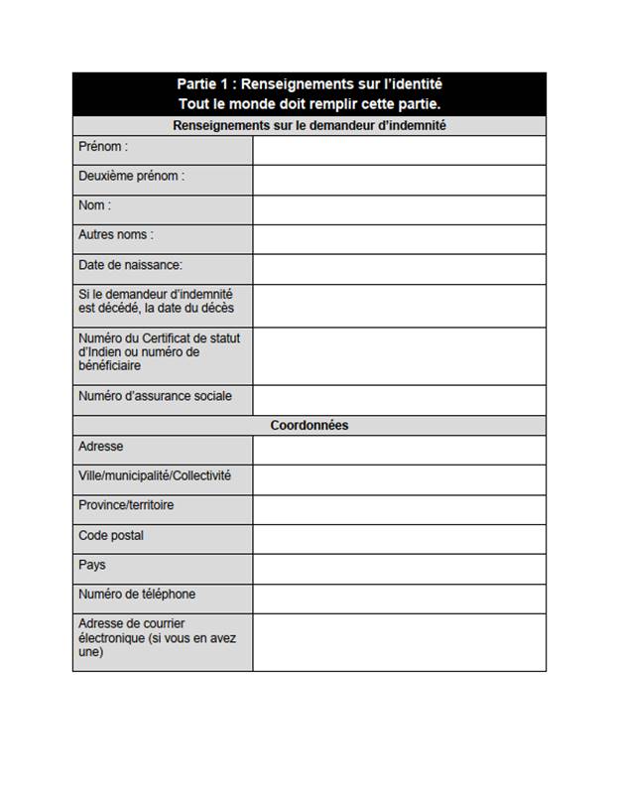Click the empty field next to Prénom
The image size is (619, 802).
(399, 150)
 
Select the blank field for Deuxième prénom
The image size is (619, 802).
(399, 180)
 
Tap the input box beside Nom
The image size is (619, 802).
(399, 209)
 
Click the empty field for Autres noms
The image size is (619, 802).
(399, 239)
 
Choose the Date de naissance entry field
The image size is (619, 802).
(399, 269)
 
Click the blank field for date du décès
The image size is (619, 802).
(399, 306)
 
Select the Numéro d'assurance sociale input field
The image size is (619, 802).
(399, 400)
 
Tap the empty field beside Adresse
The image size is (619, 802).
(399, 450)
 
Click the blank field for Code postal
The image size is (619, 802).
(399, 539)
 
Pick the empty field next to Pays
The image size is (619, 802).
(399, 569)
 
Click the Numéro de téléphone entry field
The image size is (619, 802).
(399, 599)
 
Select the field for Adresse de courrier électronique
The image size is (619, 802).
(399, 642)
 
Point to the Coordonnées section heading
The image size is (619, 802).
(309, 425)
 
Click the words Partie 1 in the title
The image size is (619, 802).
(204, 84)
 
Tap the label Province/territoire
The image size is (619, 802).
(126, 505)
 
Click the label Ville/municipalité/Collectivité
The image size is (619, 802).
(155, 475)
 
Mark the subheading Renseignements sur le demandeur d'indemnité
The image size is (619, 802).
(309, 126)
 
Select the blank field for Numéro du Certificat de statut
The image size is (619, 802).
(399, 356)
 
